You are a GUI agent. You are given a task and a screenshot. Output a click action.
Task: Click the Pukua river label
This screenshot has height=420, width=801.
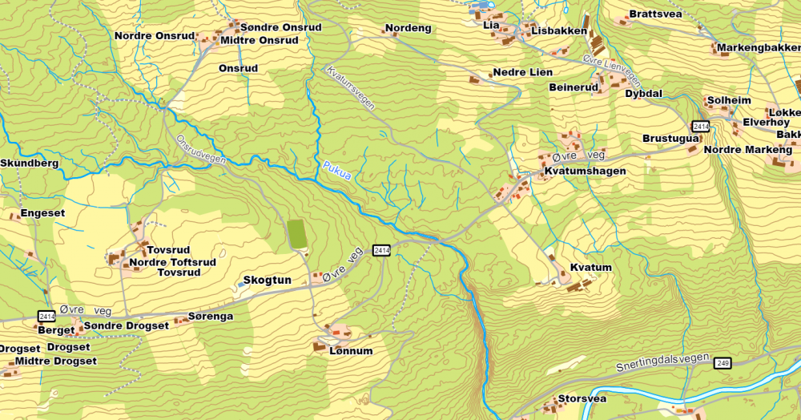(x=337, y=171)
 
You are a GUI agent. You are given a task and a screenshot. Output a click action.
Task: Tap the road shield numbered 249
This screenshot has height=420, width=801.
(x=723, y=363)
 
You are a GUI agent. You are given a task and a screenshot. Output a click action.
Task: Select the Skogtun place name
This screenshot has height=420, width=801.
(x=266, y=281)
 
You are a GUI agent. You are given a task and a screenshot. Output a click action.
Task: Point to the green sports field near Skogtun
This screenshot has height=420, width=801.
(x=296, y=233)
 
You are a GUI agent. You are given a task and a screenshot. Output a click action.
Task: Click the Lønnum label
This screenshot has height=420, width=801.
(x=351, y=351)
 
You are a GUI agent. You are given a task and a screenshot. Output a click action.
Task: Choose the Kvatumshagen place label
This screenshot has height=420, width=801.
(x=585, y=172)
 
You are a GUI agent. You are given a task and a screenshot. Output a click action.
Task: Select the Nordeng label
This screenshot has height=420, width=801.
(x=409, y=29)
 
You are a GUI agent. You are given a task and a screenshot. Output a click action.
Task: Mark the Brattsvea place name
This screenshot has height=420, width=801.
(x=655, y=14)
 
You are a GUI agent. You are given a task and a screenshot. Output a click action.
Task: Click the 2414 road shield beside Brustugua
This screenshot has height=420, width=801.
(x=701, y=127)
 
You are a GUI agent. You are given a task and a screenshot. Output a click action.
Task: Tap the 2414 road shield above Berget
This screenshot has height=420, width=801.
(x=47, y=317)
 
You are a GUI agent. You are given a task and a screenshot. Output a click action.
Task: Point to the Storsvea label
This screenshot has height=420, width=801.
(x=582, y=398)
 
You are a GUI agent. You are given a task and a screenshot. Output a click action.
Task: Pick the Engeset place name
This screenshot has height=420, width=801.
(x=42, y=213)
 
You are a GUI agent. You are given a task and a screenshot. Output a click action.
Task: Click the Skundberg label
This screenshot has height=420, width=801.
(x=30, y=164)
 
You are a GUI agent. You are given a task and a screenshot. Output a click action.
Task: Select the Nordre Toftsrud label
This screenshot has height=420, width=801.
(x=172, y=262)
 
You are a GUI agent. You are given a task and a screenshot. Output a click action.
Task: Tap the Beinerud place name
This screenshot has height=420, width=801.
(x=574, y=87)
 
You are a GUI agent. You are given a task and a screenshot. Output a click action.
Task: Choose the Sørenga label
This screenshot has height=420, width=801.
(x=210, y=317)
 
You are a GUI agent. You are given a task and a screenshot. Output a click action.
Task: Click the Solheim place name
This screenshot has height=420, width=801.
(x=729, y=101)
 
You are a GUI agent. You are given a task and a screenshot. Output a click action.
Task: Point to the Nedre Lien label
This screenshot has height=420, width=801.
(x=522, y=72)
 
